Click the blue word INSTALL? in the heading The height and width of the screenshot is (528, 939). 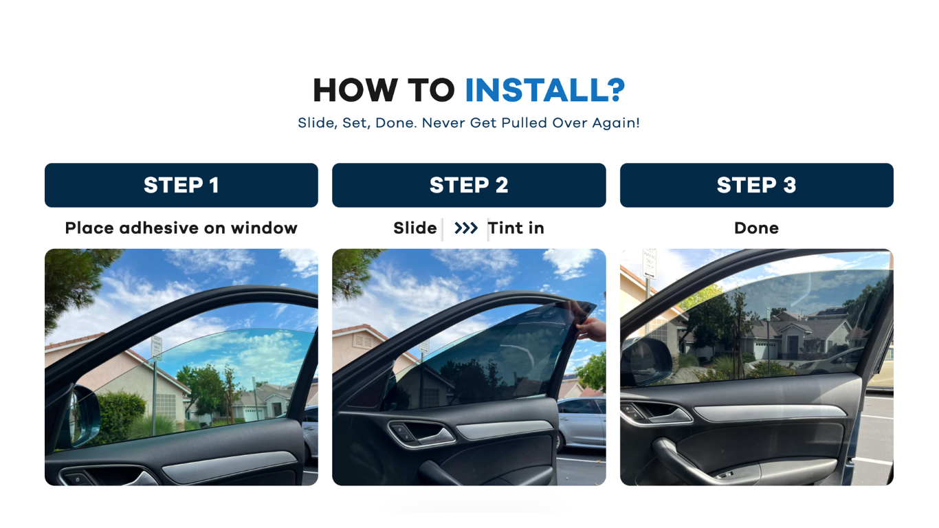click(x=545, y=90)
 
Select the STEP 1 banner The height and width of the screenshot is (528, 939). click(x=181, y=185)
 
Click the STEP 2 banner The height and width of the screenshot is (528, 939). click(x=469, y=185)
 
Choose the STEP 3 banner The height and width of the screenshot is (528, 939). click(x=757, y=185)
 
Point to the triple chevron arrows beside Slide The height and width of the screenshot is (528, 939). click(x=466, y=228)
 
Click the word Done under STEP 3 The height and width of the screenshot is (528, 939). click(x=757, y=228)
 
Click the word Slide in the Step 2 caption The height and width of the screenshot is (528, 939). click(x=415, y=228)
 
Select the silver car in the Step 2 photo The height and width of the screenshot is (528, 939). click(x=582, y=423)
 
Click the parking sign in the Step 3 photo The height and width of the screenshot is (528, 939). click(x=650, y=264)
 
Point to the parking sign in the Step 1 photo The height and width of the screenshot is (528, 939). click(x=157, y=347)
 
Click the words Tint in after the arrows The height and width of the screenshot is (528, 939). click(x=516, y=228)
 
